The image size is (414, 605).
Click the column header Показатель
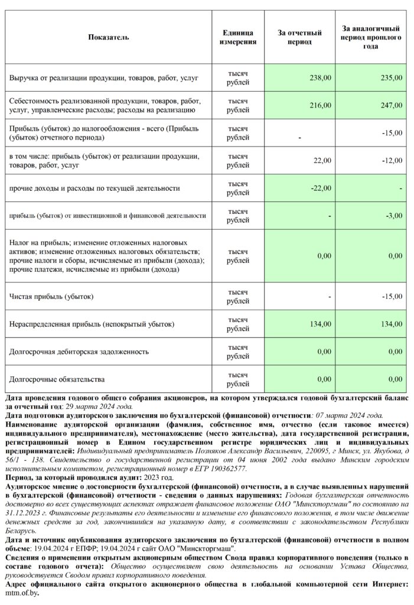(x=108, y=37)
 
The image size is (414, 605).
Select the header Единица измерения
(x=238, y=37)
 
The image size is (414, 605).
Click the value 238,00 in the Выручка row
(x=321, y=77)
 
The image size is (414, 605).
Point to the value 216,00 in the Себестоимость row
(x=321, y=105)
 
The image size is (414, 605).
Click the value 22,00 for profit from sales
(x=322, y=161)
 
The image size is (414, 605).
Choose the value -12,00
(x=391, y=161)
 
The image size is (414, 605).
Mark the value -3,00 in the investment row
(x=393, y=216)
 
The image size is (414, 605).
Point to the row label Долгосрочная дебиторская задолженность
(x=79, y=352)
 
